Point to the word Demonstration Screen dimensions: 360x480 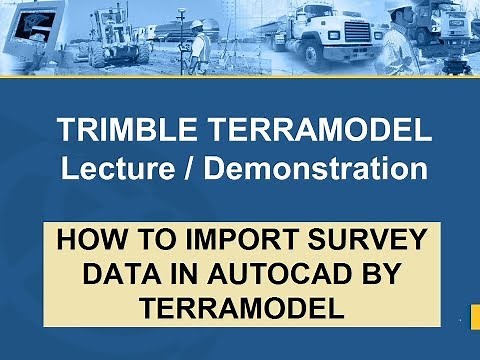(312, 167)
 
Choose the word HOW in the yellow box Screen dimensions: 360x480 (91, 241)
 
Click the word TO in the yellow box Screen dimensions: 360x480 (148, 241)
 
